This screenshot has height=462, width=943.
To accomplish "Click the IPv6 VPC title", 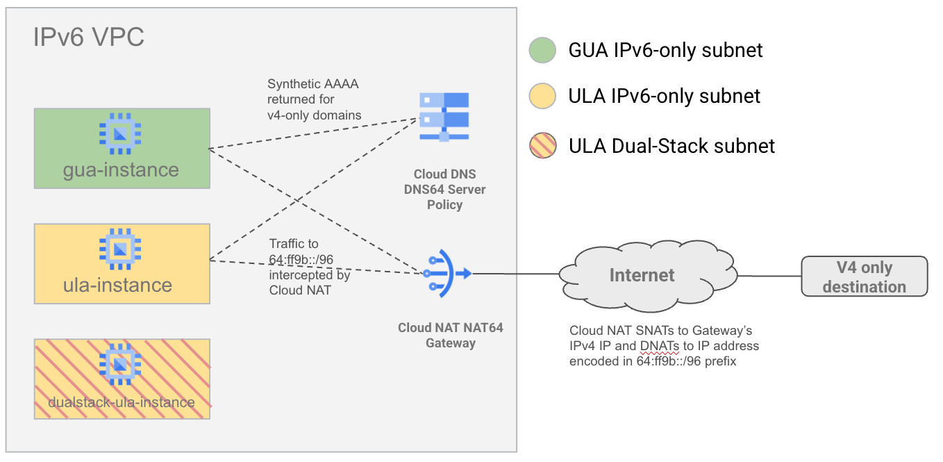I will click(x=89, y=37).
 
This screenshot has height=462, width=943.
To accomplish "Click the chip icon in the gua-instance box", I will click(x=121, y=132).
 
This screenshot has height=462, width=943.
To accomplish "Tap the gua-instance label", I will click(x=121, y=170).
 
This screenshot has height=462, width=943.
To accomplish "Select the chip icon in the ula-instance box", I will click(x=121, y=247).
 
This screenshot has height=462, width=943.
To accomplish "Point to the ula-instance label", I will click(x=122, y=285).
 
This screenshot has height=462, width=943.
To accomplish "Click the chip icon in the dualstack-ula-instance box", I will click(x=121, y=363).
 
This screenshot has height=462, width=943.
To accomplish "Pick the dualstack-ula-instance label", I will click(x=122, y=402).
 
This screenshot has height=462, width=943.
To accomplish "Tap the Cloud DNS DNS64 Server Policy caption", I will click(x=445, y=189).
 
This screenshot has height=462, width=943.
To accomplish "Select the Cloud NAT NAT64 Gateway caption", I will click(x=450, y=336).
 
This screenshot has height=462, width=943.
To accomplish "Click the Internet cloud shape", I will click(x=642, y=275).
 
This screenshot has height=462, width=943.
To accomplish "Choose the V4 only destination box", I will click(x=864, y=277).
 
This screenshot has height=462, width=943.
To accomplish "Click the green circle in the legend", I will click(x=542, y=50).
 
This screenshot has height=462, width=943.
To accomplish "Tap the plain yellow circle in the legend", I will click(x=542, y=97).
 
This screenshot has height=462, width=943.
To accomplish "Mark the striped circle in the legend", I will click(x=542, y=146).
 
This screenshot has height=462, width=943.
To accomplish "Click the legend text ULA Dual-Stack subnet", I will click(x=671, y=146).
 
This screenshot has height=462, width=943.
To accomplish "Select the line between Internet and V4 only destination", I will click(x=769, y=276).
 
